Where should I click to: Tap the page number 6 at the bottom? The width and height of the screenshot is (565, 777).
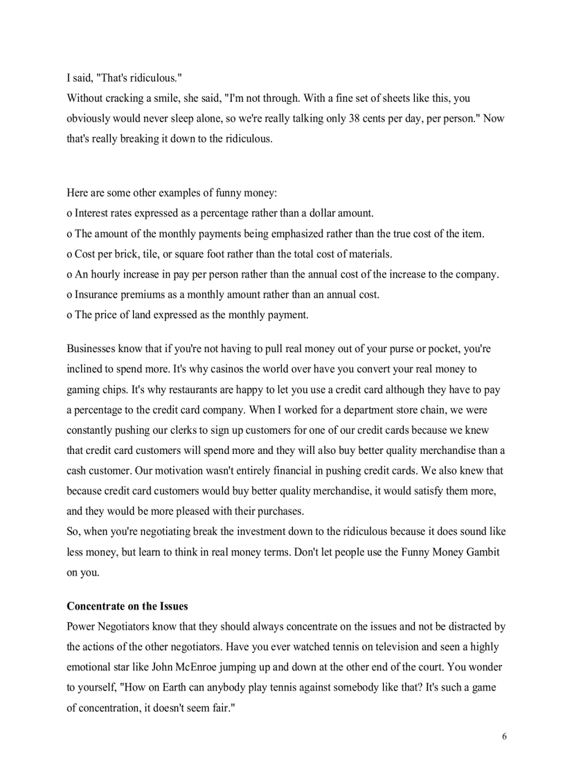(504, 736)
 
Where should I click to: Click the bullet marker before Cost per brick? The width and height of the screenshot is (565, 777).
(69, 255)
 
